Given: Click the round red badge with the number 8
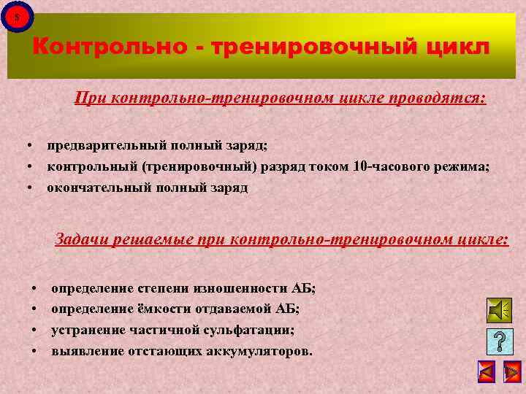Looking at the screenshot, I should point(18,16).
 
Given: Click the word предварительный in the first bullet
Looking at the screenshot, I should point(99,146).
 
